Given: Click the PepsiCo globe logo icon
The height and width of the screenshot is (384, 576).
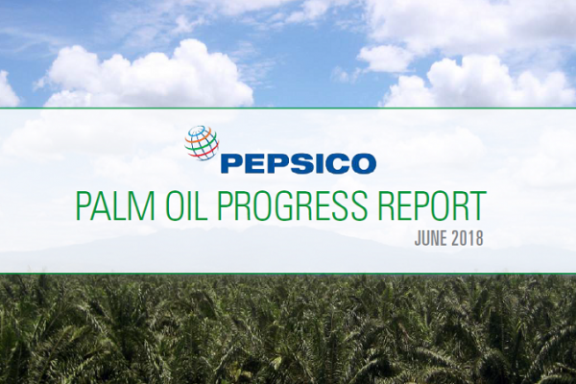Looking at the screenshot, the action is click(x=202, y=144).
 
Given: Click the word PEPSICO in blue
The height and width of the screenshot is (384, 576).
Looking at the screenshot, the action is click(x=298, y=164).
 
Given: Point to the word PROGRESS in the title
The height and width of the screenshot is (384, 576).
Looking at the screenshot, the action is click(x=292, y=206).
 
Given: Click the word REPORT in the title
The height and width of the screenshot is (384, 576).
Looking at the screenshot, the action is click(x=430, y=206).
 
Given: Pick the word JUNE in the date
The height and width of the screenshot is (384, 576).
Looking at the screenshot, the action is click(x=430, y=238).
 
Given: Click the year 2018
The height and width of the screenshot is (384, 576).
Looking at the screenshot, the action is click(x=467, y=238).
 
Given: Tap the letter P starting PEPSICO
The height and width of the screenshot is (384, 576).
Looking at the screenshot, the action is click(x=230, y=164).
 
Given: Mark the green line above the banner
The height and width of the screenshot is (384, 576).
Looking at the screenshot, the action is click(x=288, y=108).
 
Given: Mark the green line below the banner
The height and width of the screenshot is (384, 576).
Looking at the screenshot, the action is click(x=288, y=274).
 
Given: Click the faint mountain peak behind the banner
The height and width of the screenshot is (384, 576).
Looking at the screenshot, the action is click(x=257, y=228).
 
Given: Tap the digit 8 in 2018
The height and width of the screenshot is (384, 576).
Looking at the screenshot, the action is click(x=478, y=238).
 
